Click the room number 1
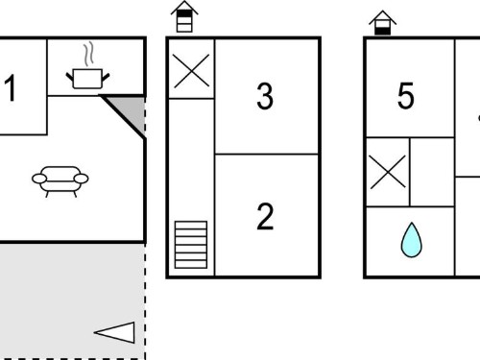[x=12, y=87]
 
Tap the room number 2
[x=265, y=217]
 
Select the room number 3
[x=265, y=96]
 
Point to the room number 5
[x=406, y=95]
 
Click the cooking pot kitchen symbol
[x=87, y=79]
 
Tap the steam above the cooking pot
[x=88, y=54]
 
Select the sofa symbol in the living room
[x=60, y=181]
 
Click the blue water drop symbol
[x=412, y=240]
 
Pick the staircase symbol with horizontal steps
[x=191, y=245]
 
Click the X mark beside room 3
[x=191, y=71]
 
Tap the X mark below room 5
[x=388, y=172]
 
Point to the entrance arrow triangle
[x=114, y=332]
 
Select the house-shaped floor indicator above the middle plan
[x=184, y=16]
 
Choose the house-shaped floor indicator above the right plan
[x=382, y=22]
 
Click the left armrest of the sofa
[x=39, y=179]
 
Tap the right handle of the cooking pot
[x=106, y=77]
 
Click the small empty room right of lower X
[x=432, y=172]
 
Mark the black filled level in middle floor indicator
[x=184, y=13]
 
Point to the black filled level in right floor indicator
[x=382, y=31]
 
